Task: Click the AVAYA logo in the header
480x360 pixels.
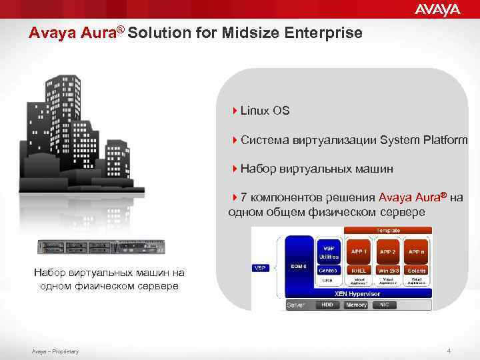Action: pyautogui.click(x=437, y=9)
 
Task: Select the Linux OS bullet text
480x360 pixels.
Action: pyautogui.click(x=265, y=110)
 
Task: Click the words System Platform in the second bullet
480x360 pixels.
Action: pyautogui.click(x=423, y=139)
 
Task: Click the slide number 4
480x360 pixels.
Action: pyautogui.click(x=449, y=351)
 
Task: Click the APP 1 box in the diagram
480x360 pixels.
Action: pyautogui.click(x=357, y=251)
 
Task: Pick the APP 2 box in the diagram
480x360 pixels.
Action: pyautogui.click(x=387, y=251)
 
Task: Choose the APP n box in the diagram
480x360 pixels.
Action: pyautogui.click(x=417, y=251)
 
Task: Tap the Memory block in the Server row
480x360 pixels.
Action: pyautogui.click(x=357, y=305)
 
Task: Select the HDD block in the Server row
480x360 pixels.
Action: pyautogui.click(x=327, y=305)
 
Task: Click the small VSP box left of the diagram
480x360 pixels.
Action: pyautogui.click(x=261, y=268)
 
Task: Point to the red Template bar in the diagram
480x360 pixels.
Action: pyautogui.click(x=387, y=230)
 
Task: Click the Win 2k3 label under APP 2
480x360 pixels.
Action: pyautogui.click(x=387, y=271)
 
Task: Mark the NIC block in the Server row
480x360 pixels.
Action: pyautogui.click(x=384, y=305)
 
